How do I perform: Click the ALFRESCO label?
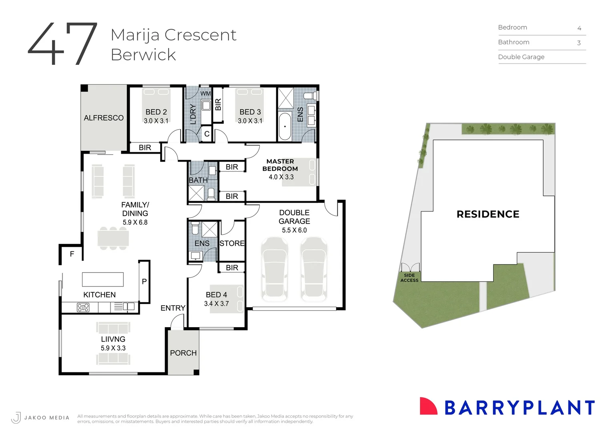104,118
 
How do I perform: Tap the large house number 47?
63,44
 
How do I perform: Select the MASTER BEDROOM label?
280,165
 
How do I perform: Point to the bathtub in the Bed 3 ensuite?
285,126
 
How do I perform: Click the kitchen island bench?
103,279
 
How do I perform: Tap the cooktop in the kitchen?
83,307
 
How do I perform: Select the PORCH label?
183,353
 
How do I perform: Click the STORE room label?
232,243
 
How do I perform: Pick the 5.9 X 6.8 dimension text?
135,222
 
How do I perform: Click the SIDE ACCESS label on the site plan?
409,278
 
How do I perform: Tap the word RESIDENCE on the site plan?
488,214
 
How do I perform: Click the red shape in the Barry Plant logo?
428,406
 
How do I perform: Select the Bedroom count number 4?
579,28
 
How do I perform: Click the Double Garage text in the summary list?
521,57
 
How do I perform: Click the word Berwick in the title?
143,55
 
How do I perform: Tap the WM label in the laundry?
205,94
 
